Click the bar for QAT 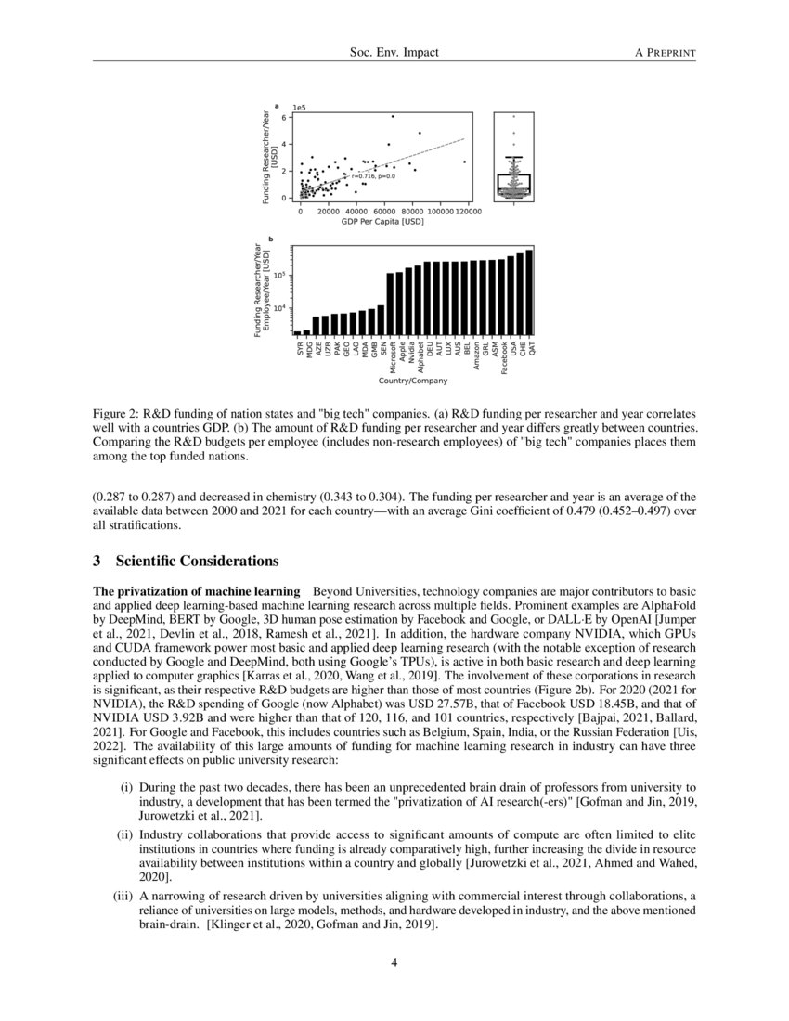(x=530, y=292)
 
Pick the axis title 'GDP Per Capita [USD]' (x=382, y=222)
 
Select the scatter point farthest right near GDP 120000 (x=465, y=162)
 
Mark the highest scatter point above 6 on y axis (x=393, y=116)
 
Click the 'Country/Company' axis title (x=413, y=381)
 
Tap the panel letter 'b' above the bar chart (x=270, y=239)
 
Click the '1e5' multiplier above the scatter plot (x=300, y=108)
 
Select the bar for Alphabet (x=418, y=300)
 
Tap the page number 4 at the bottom (x=394, y=963)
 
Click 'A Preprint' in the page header (x=665, y=53)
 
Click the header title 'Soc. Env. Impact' (x=394, y=53)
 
